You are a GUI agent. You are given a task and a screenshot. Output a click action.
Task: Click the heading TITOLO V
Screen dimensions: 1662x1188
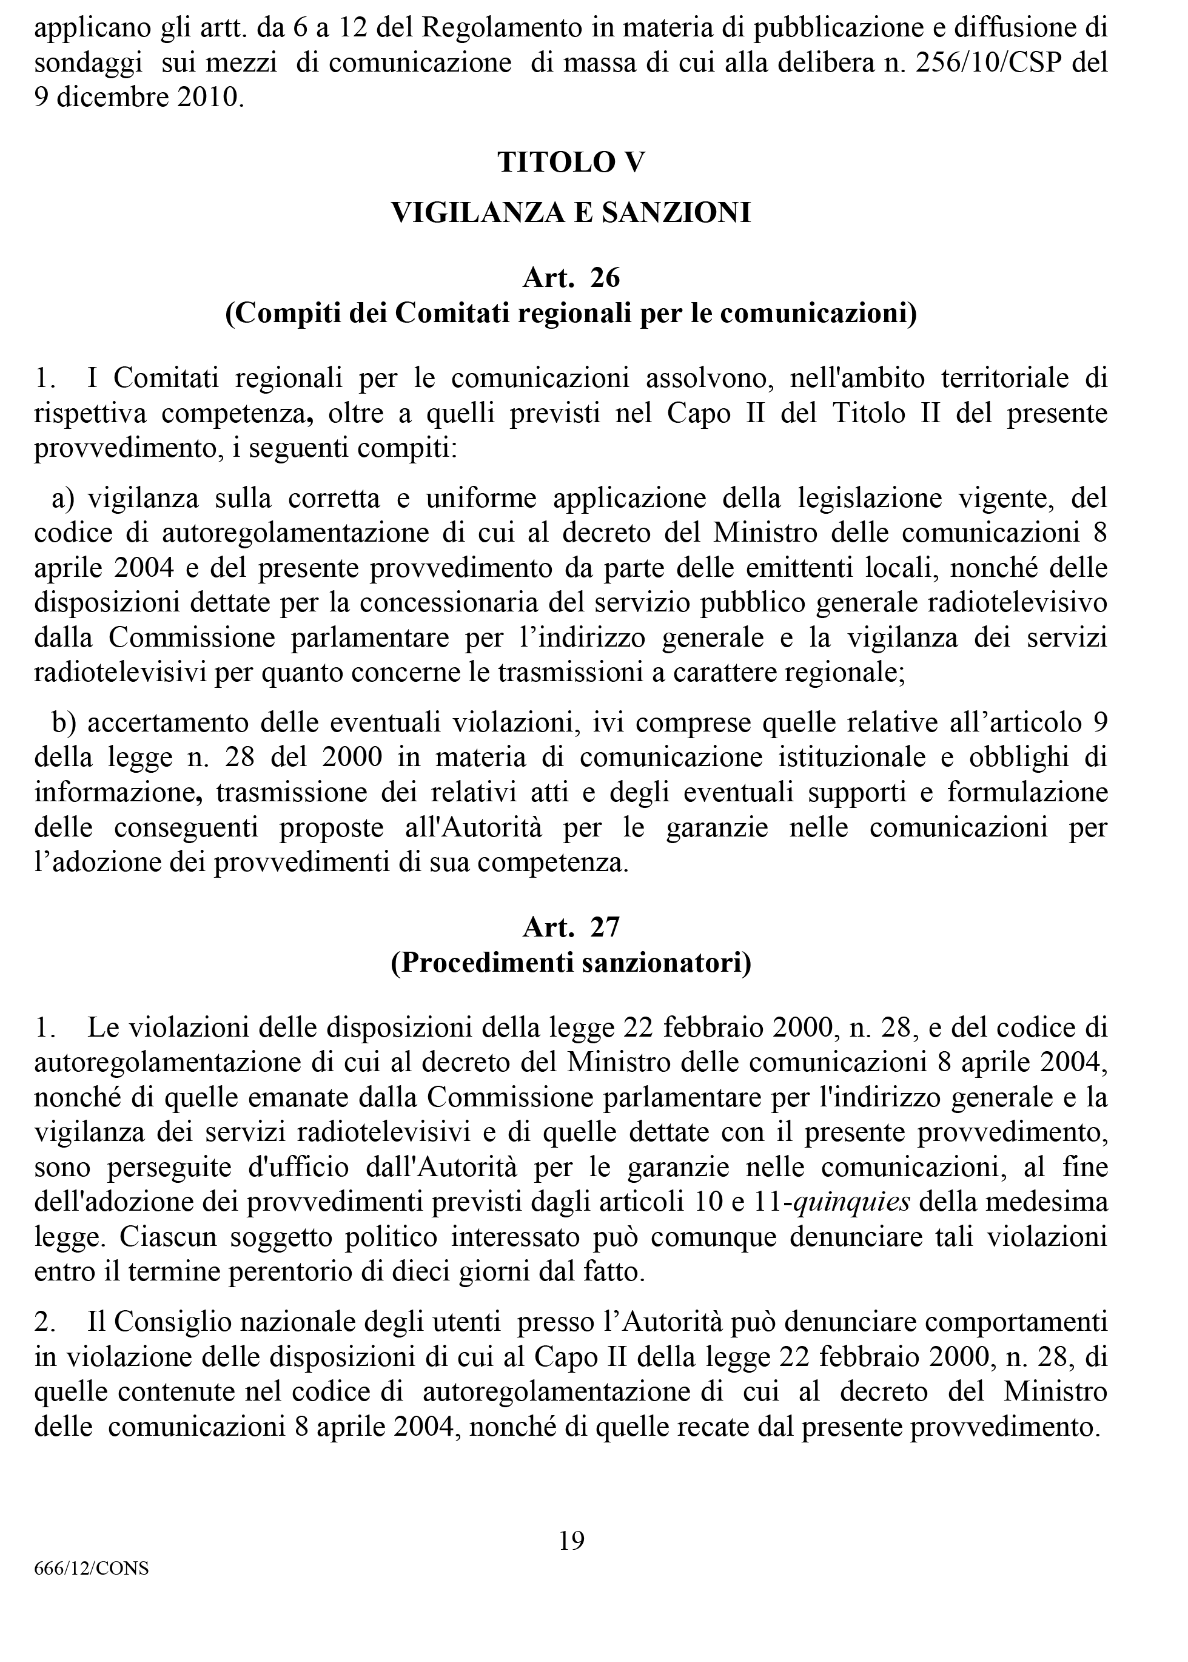(x=571, y=162)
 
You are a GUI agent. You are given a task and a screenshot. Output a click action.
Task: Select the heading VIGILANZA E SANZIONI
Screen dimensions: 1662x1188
(x=571, y=213)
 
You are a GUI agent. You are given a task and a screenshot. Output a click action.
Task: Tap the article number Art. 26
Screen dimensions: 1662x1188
(x=571, y=278)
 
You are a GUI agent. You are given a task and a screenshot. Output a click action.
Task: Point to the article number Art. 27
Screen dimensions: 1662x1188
(x=571, y=927)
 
